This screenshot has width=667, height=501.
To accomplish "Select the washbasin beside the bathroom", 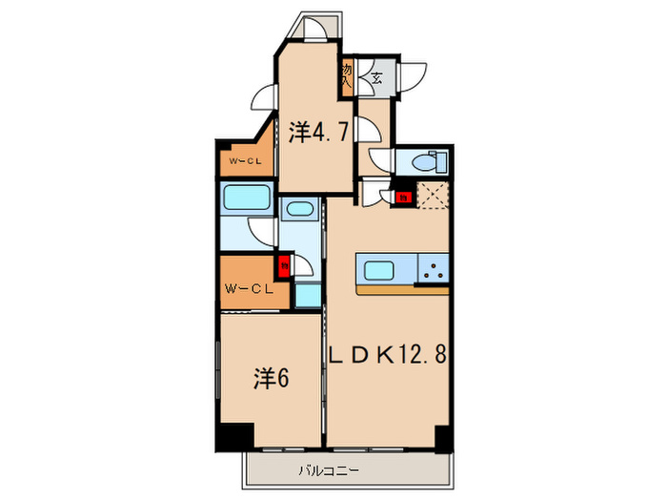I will pos(300,211).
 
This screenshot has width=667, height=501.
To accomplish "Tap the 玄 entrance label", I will pos(377,78).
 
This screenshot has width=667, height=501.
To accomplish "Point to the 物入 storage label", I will pos(348,75).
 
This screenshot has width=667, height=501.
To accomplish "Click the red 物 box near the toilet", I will pos(403,198).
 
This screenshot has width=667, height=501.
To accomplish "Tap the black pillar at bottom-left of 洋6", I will pos(232,435).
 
